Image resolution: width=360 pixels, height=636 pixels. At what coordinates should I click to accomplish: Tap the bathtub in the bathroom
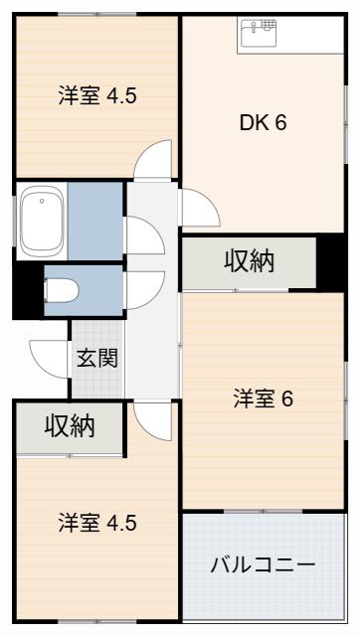42,221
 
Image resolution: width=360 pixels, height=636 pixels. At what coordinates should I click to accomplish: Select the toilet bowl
61,290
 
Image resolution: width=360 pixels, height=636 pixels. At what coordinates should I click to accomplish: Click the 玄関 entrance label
97,358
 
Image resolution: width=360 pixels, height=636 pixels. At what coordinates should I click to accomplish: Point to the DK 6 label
263,122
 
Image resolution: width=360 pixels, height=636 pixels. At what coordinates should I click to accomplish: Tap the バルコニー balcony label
263,565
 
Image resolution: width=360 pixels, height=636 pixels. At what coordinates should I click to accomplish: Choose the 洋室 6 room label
263,399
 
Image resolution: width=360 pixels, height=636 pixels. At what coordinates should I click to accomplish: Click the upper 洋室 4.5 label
97,96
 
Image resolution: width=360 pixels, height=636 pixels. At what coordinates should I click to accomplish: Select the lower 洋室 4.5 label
97,523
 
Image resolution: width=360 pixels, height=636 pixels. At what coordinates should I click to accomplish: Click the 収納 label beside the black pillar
250,261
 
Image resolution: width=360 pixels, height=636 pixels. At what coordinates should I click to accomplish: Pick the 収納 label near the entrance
70,426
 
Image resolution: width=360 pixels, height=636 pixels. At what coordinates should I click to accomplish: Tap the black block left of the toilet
29,289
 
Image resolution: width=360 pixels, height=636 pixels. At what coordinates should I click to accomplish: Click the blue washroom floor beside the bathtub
94,221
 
